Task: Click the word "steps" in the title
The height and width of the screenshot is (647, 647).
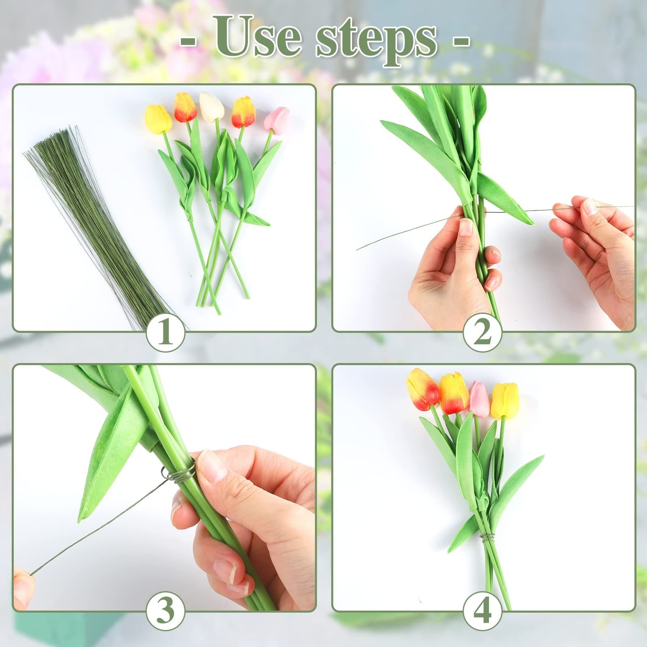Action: pos(376,40)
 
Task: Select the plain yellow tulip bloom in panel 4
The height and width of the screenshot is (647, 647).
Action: pos(505,400)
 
